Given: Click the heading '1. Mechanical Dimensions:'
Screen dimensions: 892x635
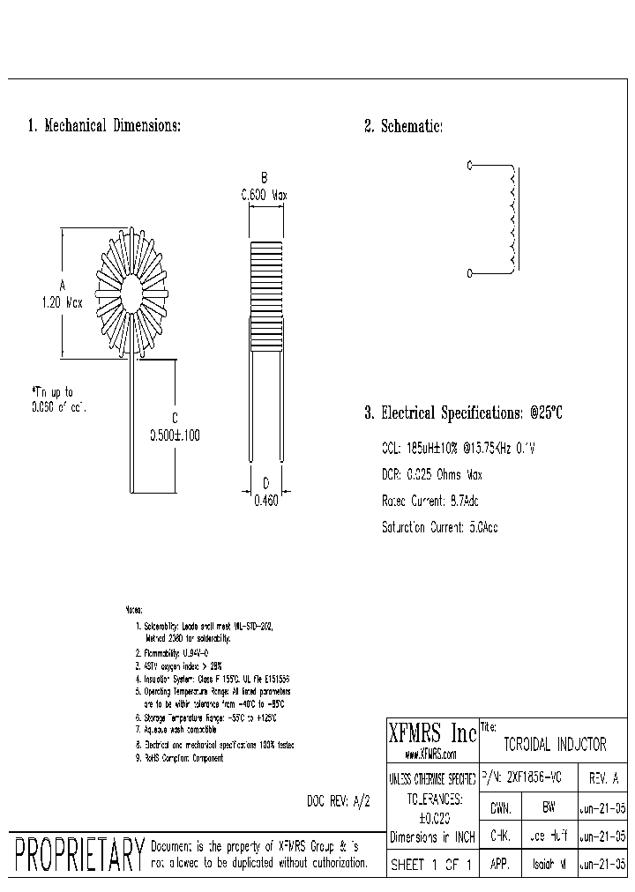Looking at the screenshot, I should tap(104, 126).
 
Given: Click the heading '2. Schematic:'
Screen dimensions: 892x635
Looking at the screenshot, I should tap(403, 127).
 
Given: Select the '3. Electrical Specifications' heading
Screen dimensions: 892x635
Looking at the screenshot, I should tap(463, 413).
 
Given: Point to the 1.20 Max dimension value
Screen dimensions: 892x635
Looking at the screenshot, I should tap(62, 301).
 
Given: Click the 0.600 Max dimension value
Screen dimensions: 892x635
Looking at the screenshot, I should tap(265, 195).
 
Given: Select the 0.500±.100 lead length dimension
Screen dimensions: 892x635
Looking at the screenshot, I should tap(175, 435).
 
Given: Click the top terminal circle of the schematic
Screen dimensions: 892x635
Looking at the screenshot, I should tap(469, 165).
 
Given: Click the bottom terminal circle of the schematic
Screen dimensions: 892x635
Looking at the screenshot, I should tap(469, 273).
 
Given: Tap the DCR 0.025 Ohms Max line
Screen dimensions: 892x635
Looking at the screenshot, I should tap(432, 475).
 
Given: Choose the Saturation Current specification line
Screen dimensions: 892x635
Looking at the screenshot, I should tap(439, 528).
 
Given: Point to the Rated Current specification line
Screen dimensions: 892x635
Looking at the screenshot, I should tap(430, 502).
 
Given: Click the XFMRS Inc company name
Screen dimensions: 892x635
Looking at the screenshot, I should tap(432, 733).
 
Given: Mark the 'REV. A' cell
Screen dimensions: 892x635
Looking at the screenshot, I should tap(604, 779).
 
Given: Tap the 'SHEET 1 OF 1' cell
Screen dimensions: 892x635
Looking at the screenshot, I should tap(432, 866).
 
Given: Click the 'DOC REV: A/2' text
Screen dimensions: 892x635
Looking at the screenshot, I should tap(332, 801).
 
